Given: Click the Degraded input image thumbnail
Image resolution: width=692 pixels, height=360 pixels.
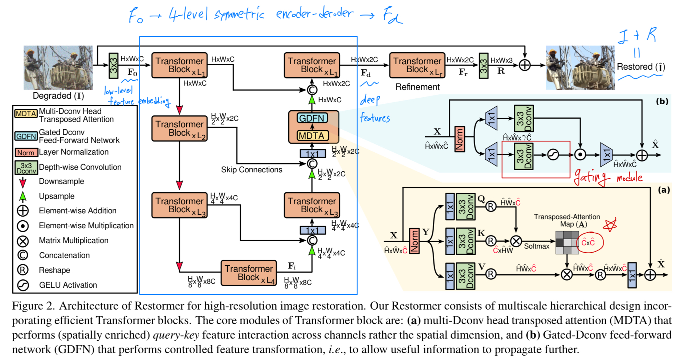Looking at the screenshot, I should pos(58,67).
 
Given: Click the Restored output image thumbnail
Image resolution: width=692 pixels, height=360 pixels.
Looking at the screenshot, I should pos(580,67).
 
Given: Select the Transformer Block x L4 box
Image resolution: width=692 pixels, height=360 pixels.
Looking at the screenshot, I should pos(249,273).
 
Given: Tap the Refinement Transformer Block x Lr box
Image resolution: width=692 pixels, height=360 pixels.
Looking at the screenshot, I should pos(417,65).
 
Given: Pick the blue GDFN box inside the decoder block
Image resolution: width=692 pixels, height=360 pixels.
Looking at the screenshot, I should pos(312,118).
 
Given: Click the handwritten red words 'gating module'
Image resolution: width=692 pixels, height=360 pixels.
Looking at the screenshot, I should pos(608,177).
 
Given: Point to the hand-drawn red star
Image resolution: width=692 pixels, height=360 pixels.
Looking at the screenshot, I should pos(610,225).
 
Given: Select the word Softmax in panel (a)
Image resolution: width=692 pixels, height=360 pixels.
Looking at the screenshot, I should pos(536,246).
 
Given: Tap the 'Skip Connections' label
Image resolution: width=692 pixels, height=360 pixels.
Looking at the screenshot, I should pos(252,169).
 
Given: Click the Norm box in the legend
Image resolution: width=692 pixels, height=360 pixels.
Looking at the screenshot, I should pos(26,153).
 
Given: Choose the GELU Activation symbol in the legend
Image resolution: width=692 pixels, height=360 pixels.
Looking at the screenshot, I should pos(23,285).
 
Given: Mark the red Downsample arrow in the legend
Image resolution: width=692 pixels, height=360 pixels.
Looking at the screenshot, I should pos(23,182).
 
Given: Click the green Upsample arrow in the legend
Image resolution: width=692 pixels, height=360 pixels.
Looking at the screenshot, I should pos(23,196).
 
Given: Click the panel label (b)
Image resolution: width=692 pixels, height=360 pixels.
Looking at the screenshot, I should pos(662,101).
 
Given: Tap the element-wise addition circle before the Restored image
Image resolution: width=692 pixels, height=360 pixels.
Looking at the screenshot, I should pos(525,65).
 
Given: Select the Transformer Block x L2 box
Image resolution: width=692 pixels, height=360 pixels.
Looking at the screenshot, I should pos(179,128).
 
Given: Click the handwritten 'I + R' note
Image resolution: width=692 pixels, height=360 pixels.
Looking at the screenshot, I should pos(637,36).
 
